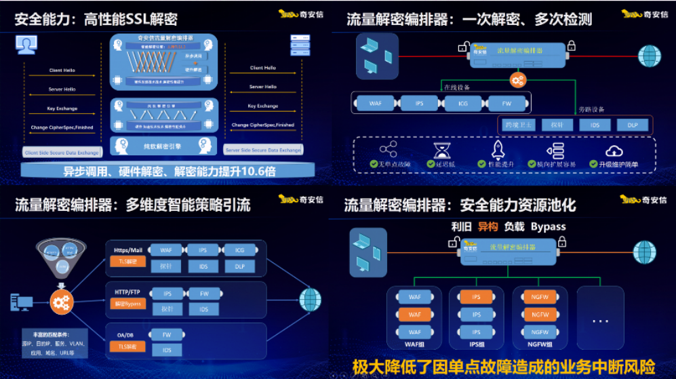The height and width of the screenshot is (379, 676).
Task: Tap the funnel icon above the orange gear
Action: (x=62, y=257)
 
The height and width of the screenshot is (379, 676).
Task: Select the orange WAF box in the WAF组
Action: (x=414, y=314)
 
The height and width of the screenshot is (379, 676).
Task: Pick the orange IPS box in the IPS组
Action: (x=477, y=296)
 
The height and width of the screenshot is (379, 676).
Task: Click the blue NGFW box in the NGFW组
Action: (x=540, y=332)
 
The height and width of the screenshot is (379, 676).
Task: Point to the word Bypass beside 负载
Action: (x=548, y=226)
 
